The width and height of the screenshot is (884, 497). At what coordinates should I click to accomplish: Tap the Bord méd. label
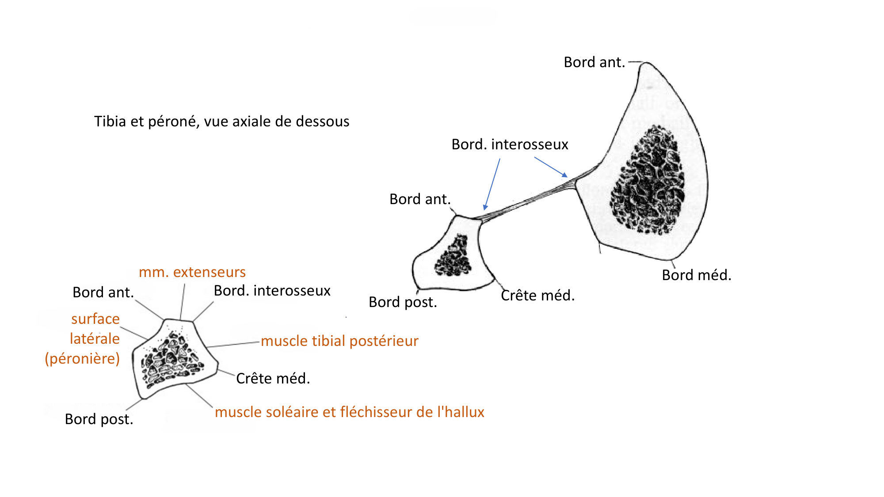696,275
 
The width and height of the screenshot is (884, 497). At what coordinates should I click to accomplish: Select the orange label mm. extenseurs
192,272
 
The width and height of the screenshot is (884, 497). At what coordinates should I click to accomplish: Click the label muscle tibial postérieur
339,341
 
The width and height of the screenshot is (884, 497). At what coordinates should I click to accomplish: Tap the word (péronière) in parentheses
82,358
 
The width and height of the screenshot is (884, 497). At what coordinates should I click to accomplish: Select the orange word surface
95,319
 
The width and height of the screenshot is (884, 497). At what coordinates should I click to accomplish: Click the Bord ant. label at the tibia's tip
594,62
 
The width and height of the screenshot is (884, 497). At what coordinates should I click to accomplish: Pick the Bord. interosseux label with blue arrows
509,144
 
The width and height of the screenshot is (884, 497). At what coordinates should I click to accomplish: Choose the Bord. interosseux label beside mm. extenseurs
272,291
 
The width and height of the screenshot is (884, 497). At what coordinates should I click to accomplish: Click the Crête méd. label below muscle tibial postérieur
273,378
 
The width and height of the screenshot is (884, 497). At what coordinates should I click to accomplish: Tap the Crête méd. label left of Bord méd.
537,295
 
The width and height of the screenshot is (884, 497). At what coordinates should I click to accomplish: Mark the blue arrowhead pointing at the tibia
564,175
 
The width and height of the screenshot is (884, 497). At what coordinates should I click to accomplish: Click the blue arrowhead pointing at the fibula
485,207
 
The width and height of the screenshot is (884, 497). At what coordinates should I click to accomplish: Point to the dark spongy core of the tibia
648,181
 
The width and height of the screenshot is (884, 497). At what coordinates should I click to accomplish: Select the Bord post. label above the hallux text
403,302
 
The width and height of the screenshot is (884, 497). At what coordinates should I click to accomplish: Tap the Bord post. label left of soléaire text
99,419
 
